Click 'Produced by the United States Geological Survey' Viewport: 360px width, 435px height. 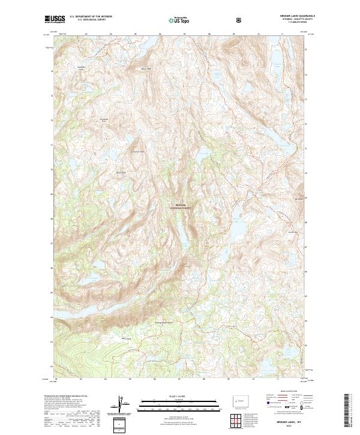click(66, 397)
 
